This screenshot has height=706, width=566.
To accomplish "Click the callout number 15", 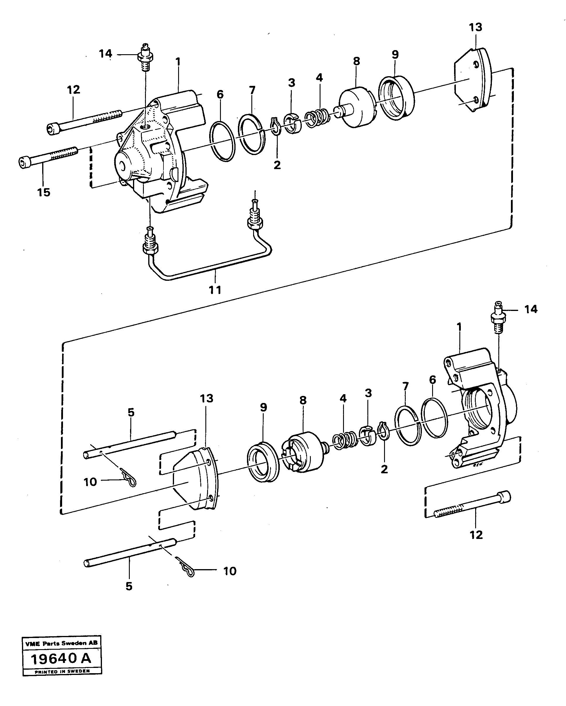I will (44, 192).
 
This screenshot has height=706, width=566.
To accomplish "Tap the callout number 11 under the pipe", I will (215, 290).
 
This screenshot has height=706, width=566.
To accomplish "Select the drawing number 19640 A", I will (62, 658).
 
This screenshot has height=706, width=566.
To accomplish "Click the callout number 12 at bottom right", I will (476, 535).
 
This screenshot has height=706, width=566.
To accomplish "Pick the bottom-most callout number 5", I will (129, 586).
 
